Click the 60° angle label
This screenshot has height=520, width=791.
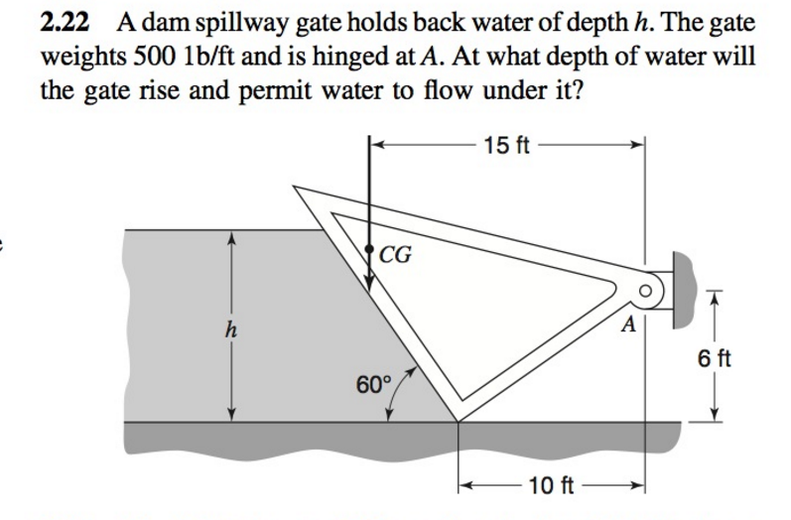pyautogui.click(x=376, y=382)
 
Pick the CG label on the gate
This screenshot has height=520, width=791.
pyautogui.click(x=396, y=256)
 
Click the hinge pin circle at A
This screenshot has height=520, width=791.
pyautogui.click(x=648, y=292)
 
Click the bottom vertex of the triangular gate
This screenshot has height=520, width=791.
pyautogui.click(x=458, y=419)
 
